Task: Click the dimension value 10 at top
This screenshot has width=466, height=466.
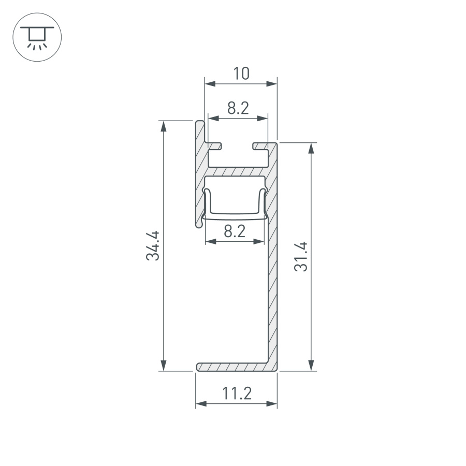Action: pos(241,74)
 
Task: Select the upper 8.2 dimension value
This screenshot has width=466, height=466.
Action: pos(238,109)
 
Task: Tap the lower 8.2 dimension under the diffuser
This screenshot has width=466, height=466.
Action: pos(235,231)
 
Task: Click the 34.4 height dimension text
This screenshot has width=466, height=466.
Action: pos(153,245)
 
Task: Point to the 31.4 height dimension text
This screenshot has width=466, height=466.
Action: pos(301,256)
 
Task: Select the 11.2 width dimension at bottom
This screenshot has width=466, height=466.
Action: pos(237,394)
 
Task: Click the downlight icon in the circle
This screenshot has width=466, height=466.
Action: pos(37,36)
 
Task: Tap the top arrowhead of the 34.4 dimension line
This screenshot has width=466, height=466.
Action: pos(163,125)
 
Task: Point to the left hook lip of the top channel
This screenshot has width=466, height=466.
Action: pos(216,145)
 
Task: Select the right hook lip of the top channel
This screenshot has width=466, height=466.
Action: pos(259,145)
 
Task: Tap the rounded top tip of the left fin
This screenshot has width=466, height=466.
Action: pos(200,122)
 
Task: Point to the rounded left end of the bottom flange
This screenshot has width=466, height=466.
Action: pos(198,367)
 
